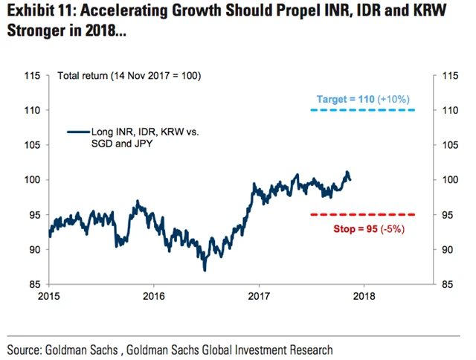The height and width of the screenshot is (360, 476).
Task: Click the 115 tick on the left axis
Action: click(33, 75)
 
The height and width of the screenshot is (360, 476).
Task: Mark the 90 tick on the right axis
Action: click(448, 249)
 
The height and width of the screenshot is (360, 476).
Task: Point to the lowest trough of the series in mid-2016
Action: click(205, 269)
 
